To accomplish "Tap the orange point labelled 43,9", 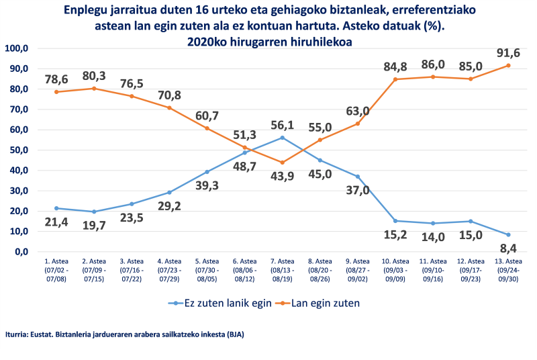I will tap(283, 163).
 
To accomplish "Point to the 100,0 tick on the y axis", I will tap(16, 48).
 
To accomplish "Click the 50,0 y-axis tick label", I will tap(16, 150).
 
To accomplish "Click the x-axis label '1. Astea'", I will tap(56, 261).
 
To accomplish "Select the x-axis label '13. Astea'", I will tap(508, 261).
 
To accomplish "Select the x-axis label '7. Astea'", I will tap(282, 261).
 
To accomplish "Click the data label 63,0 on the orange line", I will tap(357, 111).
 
